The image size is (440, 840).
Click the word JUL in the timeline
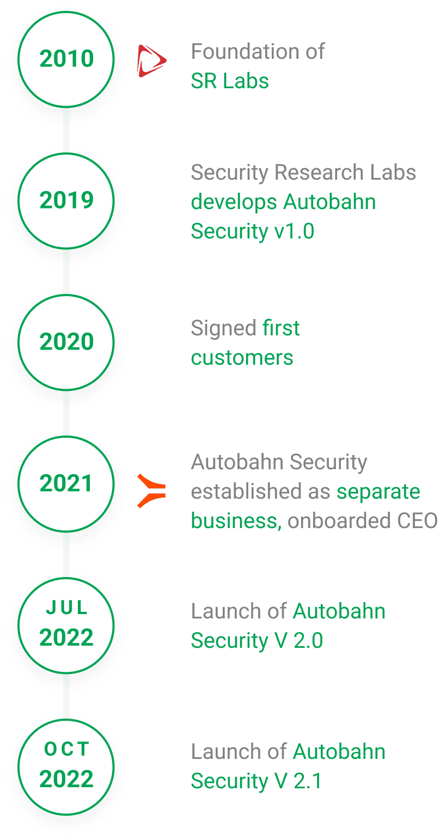click(x=67, y=608)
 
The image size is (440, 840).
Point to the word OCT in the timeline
click(x=67, y=749)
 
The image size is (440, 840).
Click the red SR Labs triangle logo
click(x=151, y=61)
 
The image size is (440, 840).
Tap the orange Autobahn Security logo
click(x=151, y=491)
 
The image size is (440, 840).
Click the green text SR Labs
click(x=230, y=81)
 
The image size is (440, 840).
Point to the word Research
click(x=319, y=172)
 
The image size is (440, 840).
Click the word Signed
click(x=224, y=328)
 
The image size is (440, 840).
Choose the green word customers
click(x=242, y=358)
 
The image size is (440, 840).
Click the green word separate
click(x=378, y=492)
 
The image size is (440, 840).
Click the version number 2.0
click(x=308, y=640)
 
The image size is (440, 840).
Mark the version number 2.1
click(x=307, y=781)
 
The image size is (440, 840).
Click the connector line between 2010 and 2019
click(x=66, y=130)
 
